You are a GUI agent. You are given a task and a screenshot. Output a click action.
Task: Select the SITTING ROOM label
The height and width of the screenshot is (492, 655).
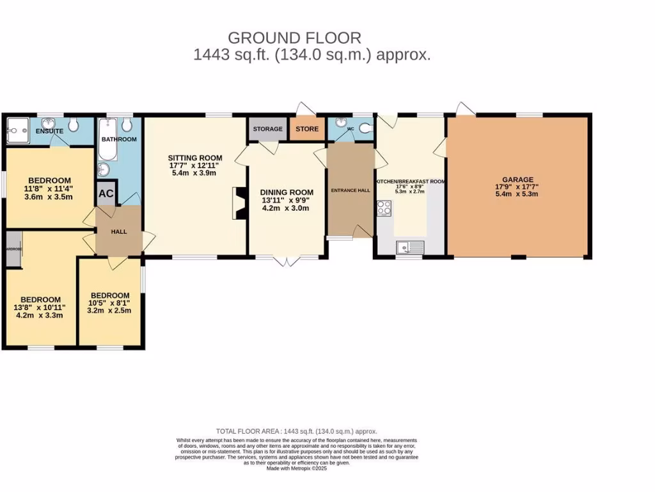pyautogui.click(x=195, y=158)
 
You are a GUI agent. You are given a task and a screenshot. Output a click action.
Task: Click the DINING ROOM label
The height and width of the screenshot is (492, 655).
pyautogui.click(x=286, y=192)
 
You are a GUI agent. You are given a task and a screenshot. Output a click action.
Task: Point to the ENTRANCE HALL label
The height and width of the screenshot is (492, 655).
pyautogui.click(x=350, y=190)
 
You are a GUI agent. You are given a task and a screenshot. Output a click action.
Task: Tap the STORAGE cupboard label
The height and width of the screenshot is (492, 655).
pyautogui.click(x=267, y=129)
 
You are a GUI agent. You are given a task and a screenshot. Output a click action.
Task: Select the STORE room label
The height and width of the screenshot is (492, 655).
pyautogui.click(x=307, y=129)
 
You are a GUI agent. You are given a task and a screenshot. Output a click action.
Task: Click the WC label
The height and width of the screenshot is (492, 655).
pyautogui.click(x=350, y=129)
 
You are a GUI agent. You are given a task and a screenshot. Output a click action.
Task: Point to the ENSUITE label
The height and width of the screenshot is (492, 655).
pyautogui.click(x=49, y=131)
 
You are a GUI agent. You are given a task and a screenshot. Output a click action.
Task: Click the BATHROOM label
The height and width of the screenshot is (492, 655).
pyautogui.click(x=119, y=139)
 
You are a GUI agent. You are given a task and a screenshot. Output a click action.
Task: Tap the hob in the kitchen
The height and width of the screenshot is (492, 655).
pyautogui.click(x=385, y=208)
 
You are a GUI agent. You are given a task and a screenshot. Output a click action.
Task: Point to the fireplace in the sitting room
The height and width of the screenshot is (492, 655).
pyautogui.click(x=238, y=203)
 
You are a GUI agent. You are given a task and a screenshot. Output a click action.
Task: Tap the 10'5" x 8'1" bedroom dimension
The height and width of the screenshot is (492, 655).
pyautogui.click(x=110, y=303)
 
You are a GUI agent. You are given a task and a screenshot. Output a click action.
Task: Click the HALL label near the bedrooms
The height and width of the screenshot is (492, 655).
pyautogui.click(x=119, y=232)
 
